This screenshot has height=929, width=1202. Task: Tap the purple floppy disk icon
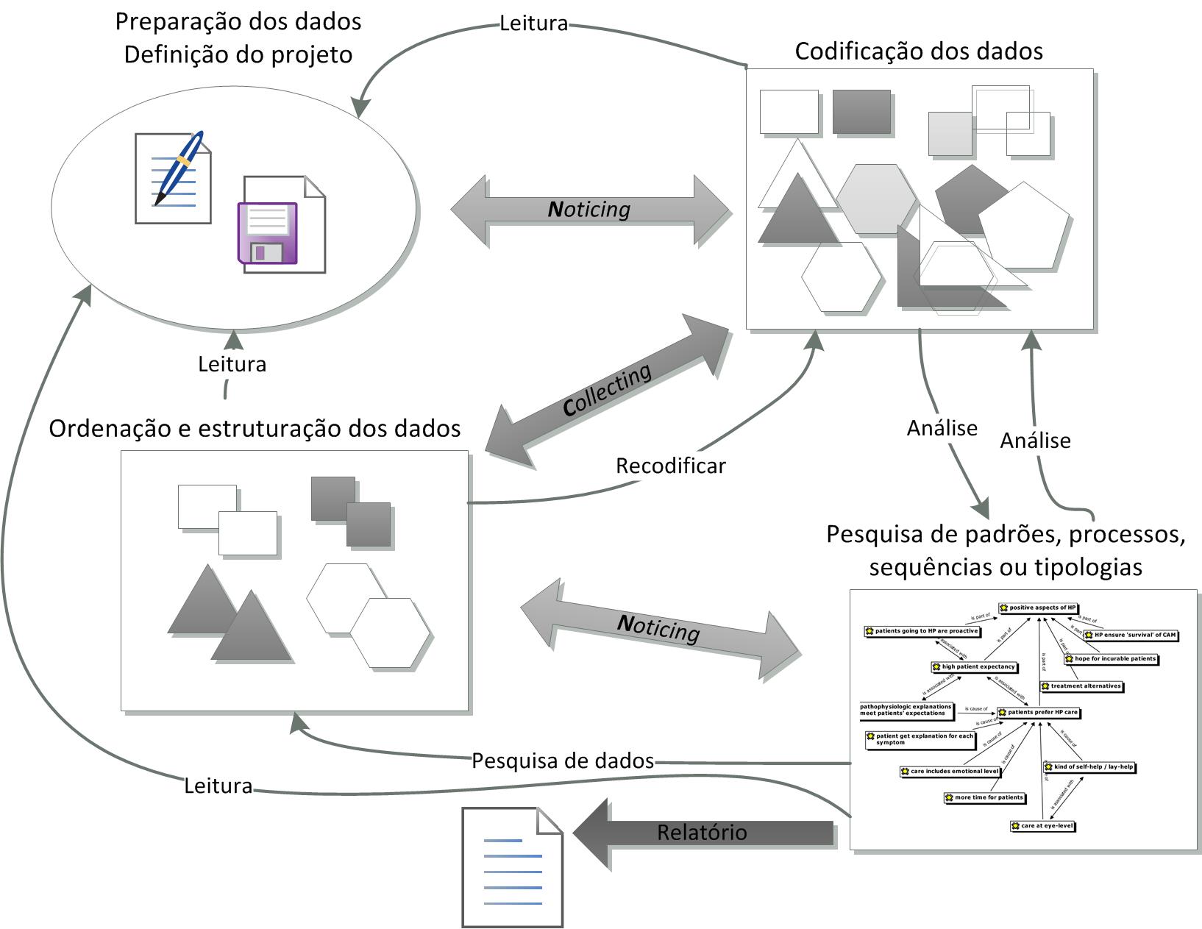coord(268,233)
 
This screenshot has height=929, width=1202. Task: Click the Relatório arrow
coord(703,833)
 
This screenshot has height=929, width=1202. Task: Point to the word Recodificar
coord(670,466)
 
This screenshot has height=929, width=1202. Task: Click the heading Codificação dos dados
coord(919,51)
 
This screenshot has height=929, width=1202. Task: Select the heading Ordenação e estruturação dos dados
coord(255,429)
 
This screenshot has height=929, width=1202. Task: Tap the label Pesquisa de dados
coord(563,761)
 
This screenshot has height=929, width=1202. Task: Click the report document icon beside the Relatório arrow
coord(512,867)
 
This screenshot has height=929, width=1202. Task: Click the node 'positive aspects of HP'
coord(1039,608)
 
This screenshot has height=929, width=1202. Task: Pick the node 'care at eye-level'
coord(1043,826)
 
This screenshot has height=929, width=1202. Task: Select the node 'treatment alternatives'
coord(1082,686)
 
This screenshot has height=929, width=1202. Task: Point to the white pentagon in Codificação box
coord(1023,225)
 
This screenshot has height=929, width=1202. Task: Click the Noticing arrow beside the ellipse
coord(589,210)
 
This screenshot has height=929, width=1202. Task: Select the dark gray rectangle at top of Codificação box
coord(861,112)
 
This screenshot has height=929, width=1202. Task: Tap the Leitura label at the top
coord(533,24)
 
